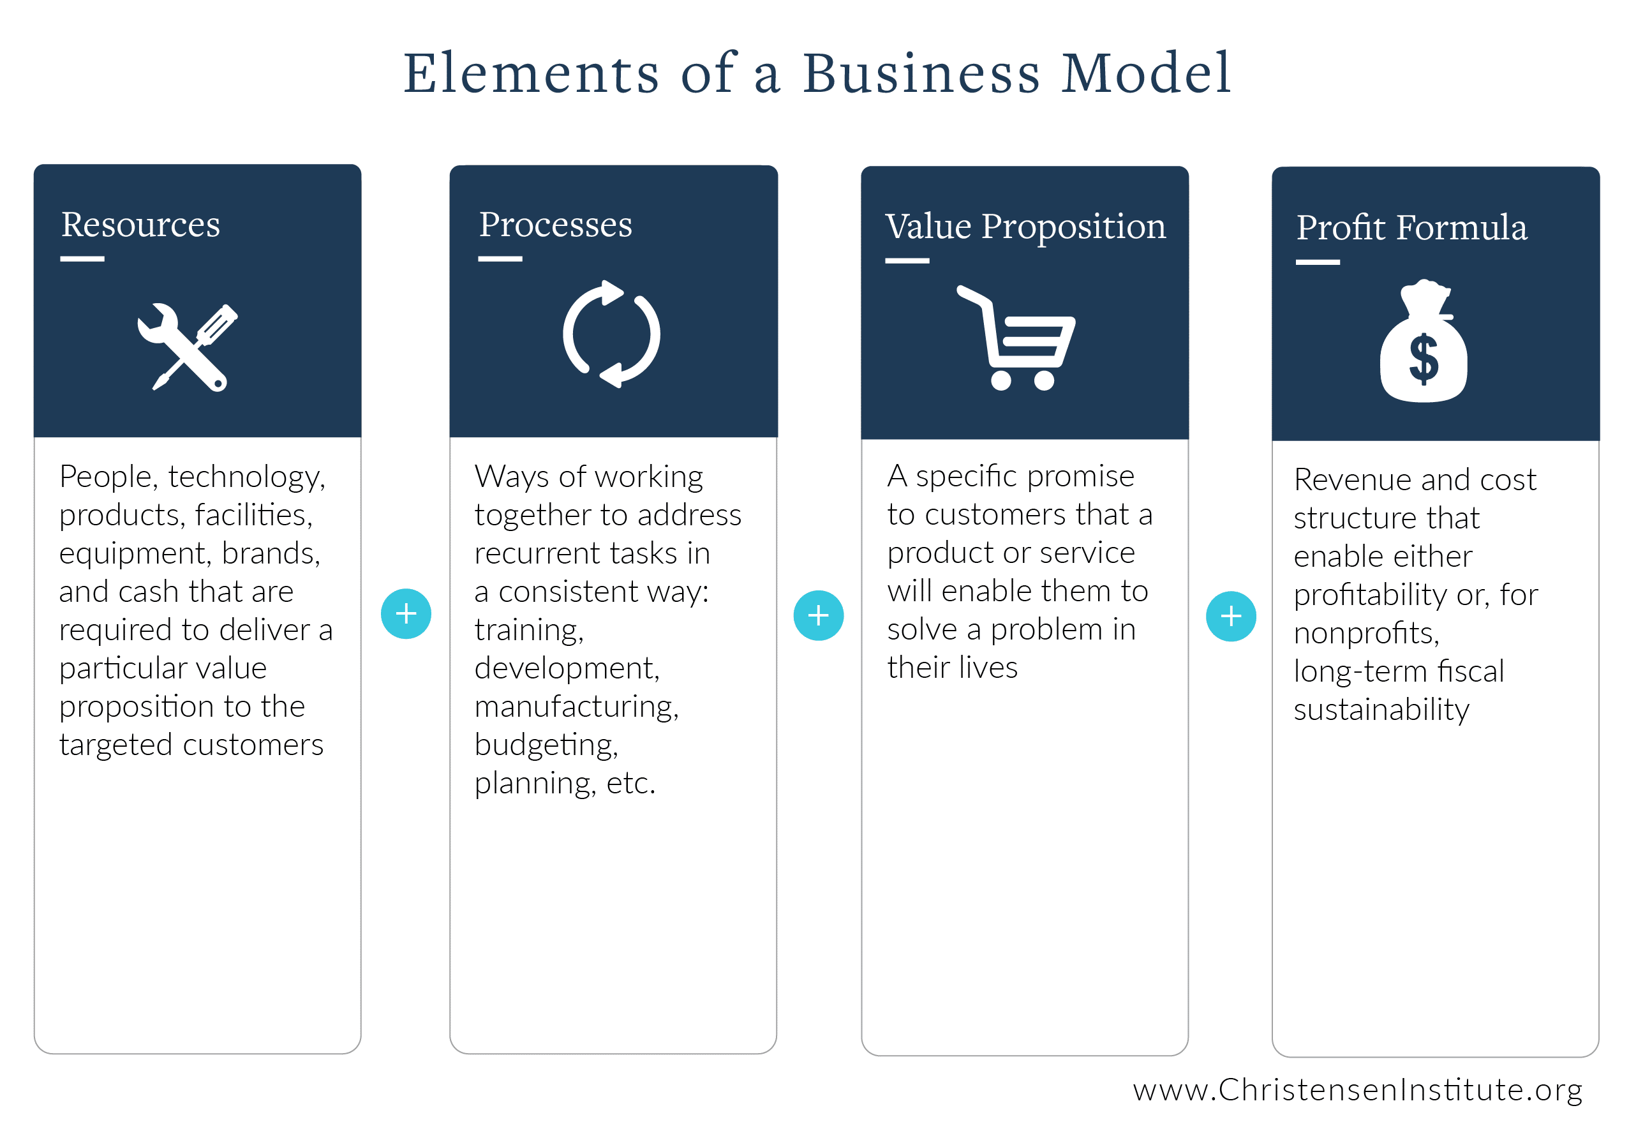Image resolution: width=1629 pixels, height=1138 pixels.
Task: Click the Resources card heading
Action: tap(140, 225)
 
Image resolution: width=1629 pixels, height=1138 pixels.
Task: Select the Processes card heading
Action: tap(555, 225)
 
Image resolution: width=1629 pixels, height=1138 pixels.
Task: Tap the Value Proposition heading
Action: tap(1025, 227)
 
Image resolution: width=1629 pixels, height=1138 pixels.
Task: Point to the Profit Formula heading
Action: tap(1411, 228)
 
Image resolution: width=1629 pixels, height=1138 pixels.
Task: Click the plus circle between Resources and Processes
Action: tap(406, 614)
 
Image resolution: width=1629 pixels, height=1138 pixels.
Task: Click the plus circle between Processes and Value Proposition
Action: tap(818, 615)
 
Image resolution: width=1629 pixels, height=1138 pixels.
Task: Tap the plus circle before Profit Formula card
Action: tap(1231, 616)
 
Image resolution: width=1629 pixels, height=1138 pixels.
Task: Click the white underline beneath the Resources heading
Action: tap(82, 259)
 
